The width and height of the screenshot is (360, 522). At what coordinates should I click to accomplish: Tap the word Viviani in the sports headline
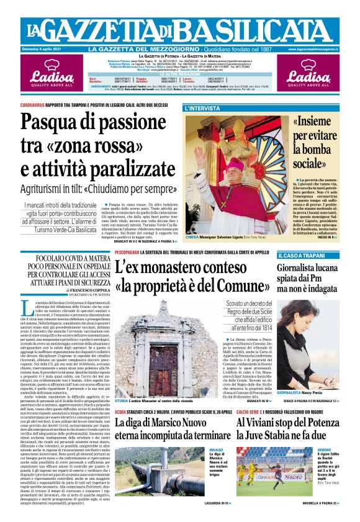[264, 423]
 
